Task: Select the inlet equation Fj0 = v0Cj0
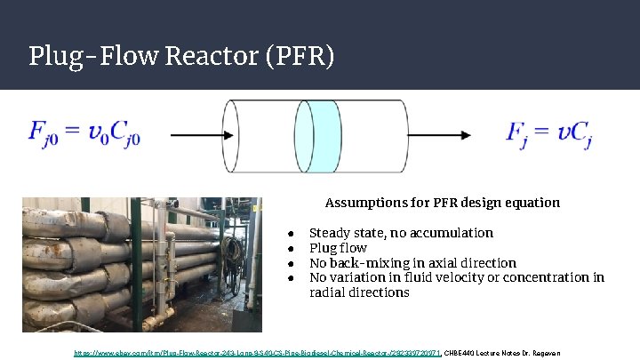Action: click(x=84, y=134)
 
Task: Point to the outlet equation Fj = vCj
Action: click(x=549, y=134)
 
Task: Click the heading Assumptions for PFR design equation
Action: click(x=442, y=203)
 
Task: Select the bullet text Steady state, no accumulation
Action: click(x=400, y=233)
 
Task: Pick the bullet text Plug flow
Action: click(x=338, y=248)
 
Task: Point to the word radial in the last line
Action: click(x=328, y=292)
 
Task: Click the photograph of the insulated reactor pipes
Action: click(x=141, y=264)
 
